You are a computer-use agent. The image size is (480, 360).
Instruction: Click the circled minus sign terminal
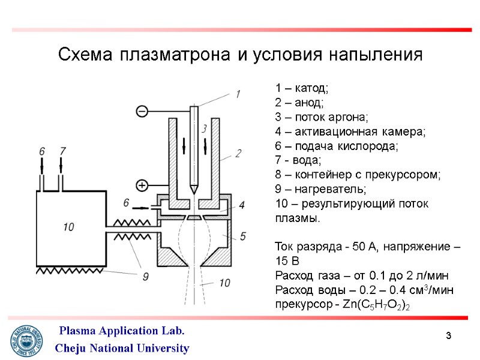142,110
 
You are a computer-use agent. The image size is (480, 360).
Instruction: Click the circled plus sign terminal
142,185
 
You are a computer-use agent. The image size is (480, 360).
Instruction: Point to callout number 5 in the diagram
242,236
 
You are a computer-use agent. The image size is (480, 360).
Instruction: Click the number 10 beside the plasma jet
224,283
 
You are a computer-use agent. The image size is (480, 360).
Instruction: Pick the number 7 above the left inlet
62,152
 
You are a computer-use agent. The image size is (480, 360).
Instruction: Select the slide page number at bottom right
448,334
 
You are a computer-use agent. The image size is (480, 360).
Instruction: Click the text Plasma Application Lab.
121,331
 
